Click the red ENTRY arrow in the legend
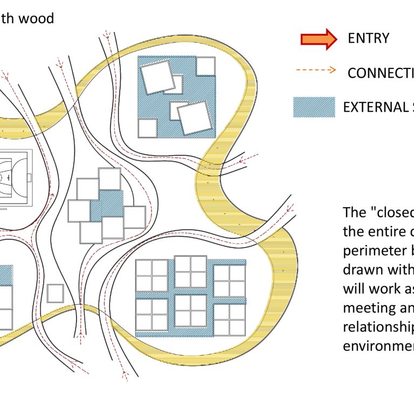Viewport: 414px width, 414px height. [x=318, y=39]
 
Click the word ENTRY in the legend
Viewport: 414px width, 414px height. [x=368, y=38]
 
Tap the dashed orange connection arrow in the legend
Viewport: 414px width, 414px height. [x=316, y=71]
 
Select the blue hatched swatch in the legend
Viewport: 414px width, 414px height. [x=314, y=107]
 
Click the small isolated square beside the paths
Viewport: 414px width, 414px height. [x=55, y=293]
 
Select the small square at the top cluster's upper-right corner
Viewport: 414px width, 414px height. [x=205, y=66]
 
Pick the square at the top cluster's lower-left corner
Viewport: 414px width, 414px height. [x=147, y=128]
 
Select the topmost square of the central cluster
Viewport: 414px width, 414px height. [x=109, y=179]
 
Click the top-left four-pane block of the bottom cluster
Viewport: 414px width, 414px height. [x=151, y=275]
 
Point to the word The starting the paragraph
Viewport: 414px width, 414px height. [x=354, y=212]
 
